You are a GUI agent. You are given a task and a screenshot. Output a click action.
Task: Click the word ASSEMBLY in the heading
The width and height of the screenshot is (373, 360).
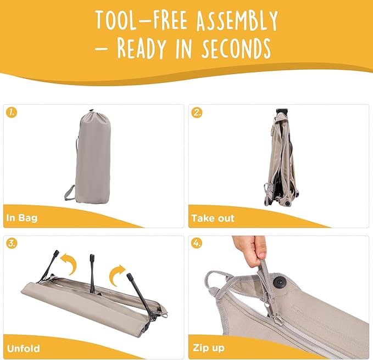237,21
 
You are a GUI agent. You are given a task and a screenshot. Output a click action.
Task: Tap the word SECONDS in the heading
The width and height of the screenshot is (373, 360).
236,48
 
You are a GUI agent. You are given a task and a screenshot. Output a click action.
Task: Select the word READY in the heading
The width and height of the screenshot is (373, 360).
141,48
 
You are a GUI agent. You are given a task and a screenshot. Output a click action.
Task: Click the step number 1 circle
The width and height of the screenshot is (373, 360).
12,113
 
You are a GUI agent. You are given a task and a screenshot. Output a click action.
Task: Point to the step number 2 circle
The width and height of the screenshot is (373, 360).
197,113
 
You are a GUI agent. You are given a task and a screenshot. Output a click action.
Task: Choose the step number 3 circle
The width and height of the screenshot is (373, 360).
12,244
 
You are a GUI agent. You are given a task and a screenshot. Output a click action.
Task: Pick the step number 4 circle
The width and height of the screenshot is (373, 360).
197,244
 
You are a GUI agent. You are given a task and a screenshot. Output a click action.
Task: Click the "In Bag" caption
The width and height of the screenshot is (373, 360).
22,218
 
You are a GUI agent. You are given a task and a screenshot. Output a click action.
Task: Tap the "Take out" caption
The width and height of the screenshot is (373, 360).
213,218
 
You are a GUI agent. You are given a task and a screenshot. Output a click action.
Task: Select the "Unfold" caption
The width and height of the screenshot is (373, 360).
24,348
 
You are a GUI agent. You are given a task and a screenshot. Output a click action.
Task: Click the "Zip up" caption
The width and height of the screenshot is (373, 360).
209,348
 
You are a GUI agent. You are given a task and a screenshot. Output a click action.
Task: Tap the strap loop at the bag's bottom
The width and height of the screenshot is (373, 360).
70,193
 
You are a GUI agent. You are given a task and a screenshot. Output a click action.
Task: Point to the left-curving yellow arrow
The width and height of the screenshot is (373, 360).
70,263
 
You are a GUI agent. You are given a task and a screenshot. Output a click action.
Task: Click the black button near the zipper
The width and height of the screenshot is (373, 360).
279,282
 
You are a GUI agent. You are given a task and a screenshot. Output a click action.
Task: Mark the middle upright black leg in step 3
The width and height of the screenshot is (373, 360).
92,273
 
